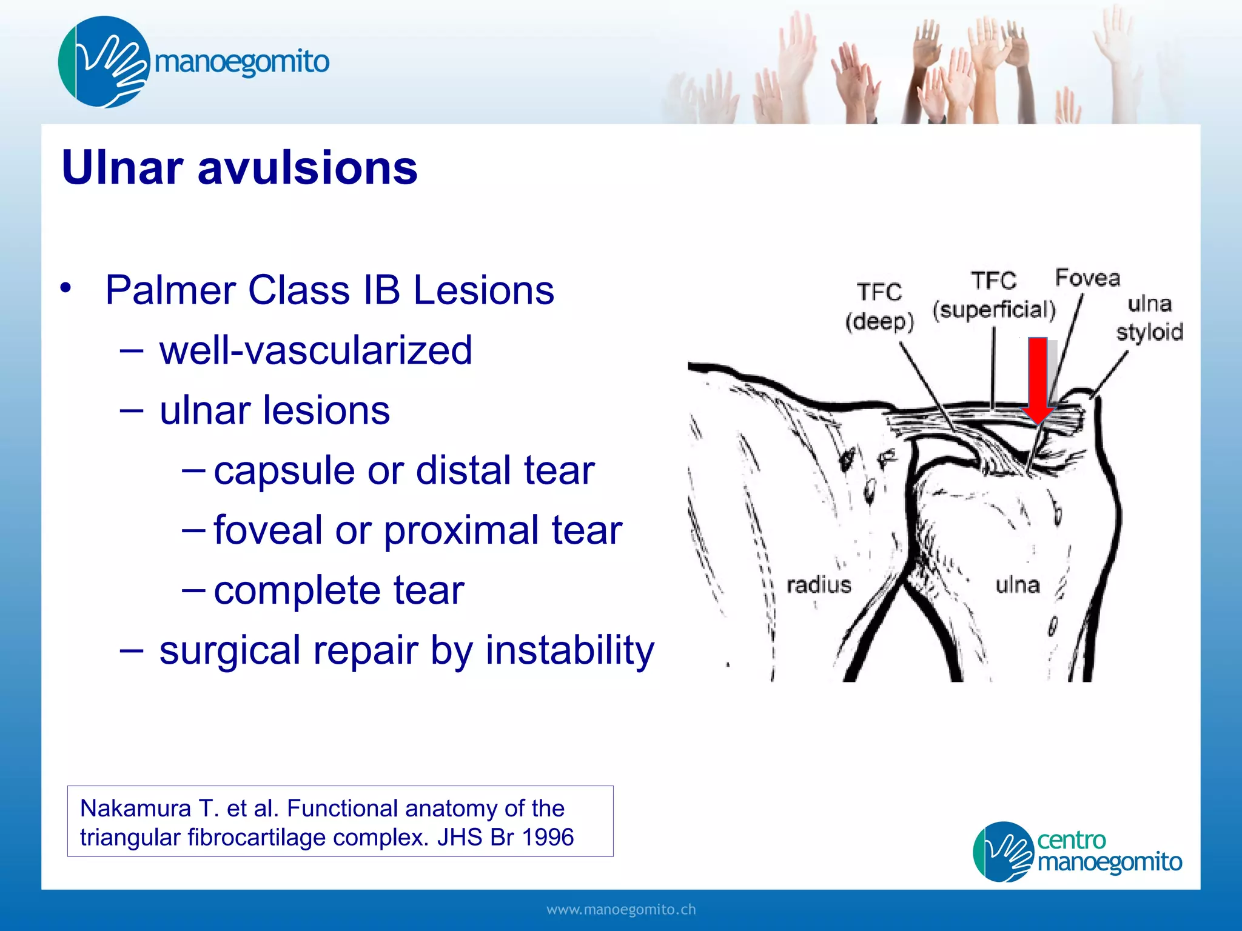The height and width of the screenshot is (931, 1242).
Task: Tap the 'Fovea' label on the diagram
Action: click(x=1087, y=278)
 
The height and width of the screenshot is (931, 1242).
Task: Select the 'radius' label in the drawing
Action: click(x=819, y=585)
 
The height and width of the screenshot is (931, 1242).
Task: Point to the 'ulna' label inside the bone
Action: click(x=1018, y=585)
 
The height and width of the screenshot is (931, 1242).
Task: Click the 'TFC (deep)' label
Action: click(x=879, y=307)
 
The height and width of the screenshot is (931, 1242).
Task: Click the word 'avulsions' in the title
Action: click(x=307, y=167)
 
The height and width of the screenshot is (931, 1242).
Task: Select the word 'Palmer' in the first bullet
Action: click(x=171, y=290)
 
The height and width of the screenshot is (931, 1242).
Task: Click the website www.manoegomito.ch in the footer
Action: click(x=621, y=909)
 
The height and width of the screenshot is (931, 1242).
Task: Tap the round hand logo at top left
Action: click(x=104, y=62)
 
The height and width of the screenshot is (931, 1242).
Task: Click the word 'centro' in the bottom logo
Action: click(x=1071, y=840)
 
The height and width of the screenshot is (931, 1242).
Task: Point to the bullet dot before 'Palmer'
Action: click(x=65, y=287)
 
